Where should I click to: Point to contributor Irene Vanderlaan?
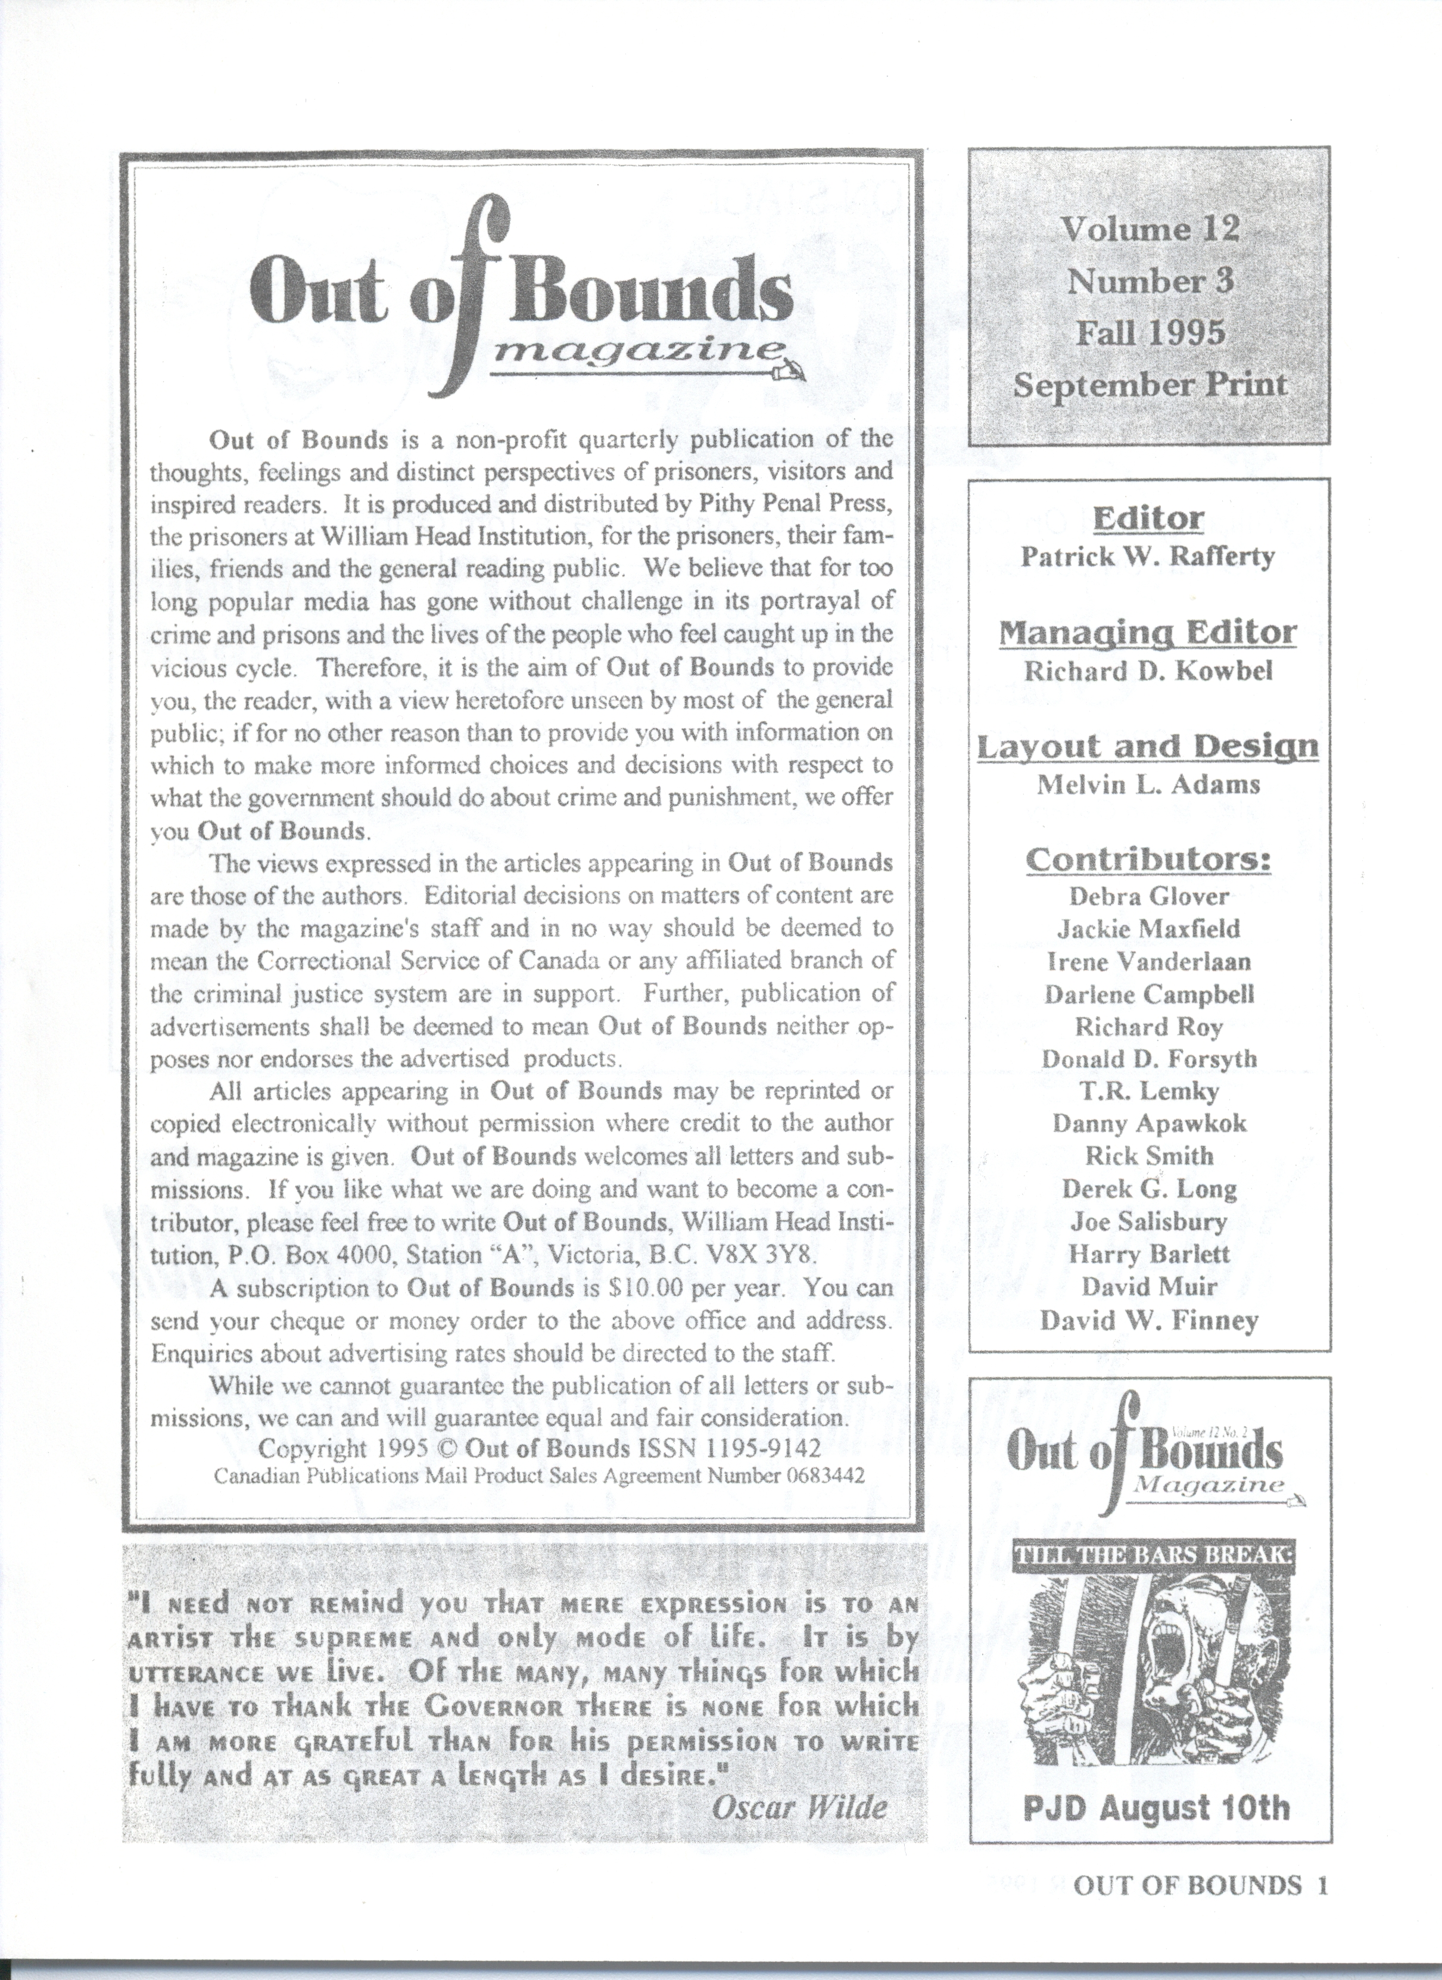(1148, 961)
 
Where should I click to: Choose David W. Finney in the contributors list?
(1148, 1320)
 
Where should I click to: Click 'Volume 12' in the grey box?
(1150, 229)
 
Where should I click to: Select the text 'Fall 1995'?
(1150, 333)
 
